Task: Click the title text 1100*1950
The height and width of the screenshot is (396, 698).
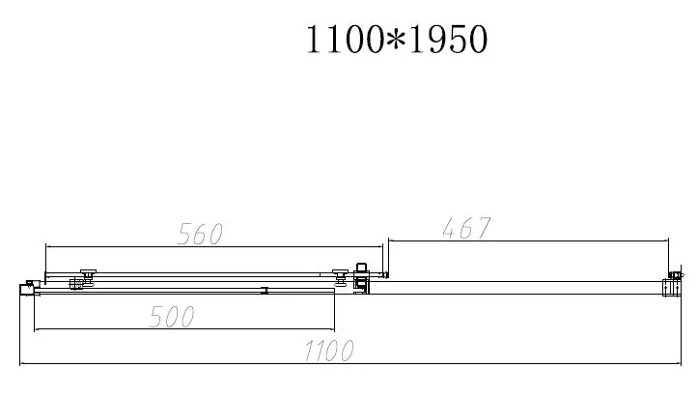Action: pos(397,40)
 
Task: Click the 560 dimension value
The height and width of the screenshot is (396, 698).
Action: pos(200,234)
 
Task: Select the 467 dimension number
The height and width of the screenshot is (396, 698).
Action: pos(466,228)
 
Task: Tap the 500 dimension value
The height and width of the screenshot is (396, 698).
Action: pos(172,317)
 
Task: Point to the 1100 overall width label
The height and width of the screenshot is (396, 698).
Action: pos(329,351)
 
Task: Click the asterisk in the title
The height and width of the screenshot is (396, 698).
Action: pos(396,38)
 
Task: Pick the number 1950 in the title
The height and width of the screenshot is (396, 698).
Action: pos(448,40)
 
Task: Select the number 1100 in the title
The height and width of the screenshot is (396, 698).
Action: pos(345,40)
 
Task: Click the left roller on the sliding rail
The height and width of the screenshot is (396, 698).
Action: pos(88,273)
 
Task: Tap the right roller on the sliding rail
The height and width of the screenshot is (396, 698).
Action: pos(341,275)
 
